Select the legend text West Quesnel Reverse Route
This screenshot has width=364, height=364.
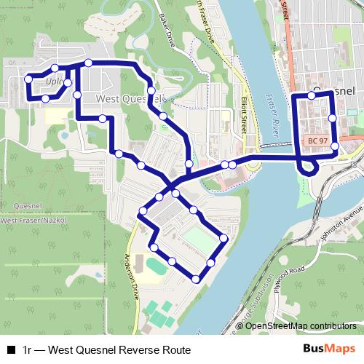click(x=106, y=349)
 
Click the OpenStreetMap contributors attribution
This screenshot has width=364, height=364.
click(x=301, y=325)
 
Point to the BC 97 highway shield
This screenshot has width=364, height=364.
click(x=317, y=141)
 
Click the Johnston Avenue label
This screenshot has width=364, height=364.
click(x=339, y=218)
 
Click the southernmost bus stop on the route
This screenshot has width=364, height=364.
click(x=196, y=279)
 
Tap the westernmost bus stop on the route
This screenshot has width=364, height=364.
click(x=28, y=79)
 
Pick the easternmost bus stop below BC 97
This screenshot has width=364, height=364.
click(x=334, y=147)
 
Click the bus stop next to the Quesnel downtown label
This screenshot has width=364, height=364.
click(x=311, y=95)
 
